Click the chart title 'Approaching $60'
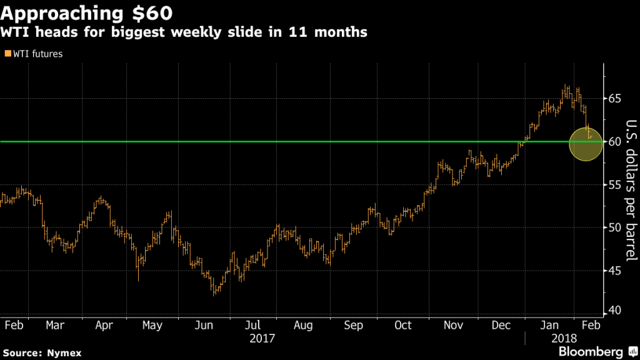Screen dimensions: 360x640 87,12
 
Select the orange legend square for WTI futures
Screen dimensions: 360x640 7,54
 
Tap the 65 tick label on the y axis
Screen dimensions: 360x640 614,99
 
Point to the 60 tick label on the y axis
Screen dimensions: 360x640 614,142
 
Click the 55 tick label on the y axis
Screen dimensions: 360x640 614,185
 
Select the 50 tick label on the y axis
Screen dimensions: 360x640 614,227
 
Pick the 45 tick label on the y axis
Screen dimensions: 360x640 614,271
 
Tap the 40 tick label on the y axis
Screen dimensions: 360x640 614,311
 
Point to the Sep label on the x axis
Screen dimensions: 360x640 353,326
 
